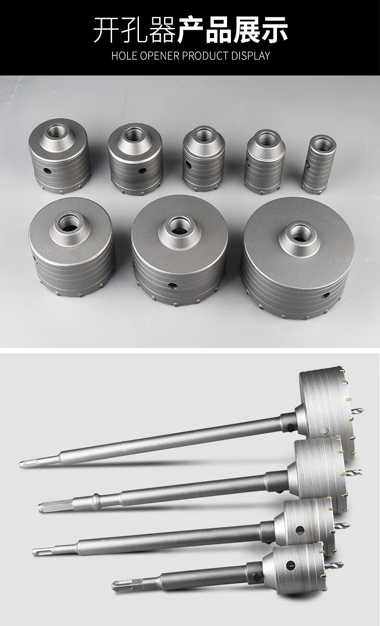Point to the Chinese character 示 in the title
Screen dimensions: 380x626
point(274,30)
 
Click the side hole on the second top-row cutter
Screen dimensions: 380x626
point(143,170)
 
